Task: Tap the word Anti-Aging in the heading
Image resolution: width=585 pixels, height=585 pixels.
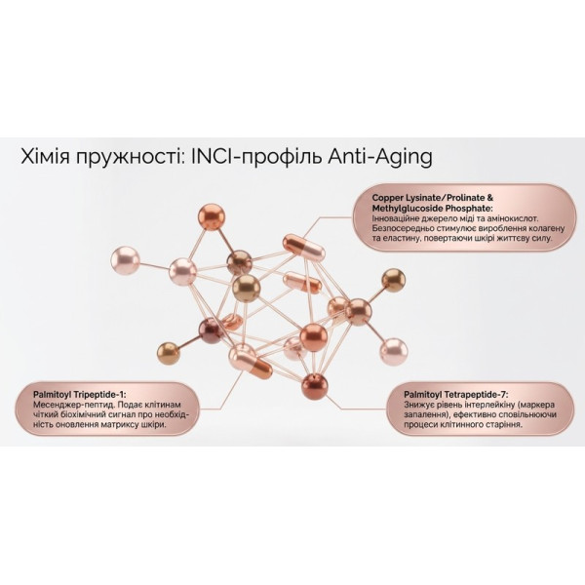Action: coord(380,158)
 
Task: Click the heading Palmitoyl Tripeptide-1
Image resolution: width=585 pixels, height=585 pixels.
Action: coord(80,394)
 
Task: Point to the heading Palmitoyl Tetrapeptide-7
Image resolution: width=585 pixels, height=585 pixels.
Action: coord(456,394)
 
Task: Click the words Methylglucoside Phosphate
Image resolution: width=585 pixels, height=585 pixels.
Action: coord(433,208)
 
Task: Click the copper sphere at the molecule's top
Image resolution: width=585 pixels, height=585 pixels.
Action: coord(212,216)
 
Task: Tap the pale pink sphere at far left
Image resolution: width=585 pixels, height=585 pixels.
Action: coord(126,260)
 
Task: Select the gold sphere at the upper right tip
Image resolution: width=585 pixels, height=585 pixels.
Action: coord(393,281)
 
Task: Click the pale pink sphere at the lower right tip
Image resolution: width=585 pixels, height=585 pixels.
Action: coord(394,352)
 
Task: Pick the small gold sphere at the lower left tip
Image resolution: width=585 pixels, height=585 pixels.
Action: coord(169,353)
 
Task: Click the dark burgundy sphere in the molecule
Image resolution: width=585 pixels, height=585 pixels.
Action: coord(211,331)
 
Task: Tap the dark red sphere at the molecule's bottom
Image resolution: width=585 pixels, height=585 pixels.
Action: coord(315,386)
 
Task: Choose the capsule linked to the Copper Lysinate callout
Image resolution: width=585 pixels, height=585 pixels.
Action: coord(303,248)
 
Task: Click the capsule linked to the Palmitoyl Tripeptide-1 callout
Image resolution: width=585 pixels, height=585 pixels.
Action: coord(251,361)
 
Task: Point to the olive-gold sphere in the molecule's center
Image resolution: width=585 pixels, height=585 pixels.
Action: coord(246,288)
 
